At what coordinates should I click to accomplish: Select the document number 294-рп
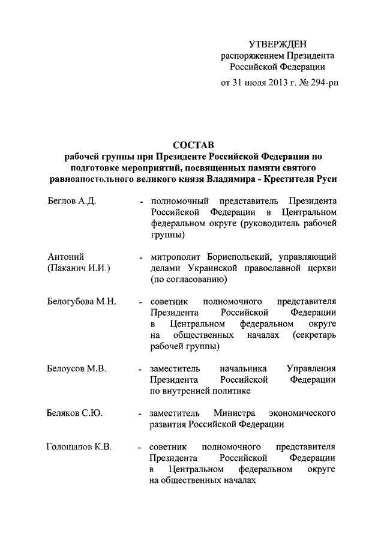tap(322, 83)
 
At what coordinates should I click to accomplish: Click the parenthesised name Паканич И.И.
tap(79, 268)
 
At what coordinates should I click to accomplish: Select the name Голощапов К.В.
tap(79, 447)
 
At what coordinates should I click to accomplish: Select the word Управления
tap(311, 368)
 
